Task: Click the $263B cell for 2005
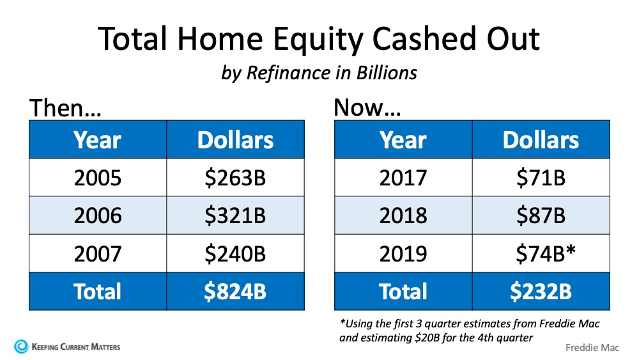[235, 178]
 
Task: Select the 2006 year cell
[98, 215]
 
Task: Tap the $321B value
[235, 215]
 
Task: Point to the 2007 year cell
[98, 253]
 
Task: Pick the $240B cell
[235, 253]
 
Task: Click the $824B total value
[235, 292]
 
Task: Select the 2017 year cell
[403, 178]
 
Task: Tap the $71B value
[541, 178]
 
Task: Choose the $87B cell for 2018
[541, 215]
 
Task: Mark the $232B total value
[541, 292]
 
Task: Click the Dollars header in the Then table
[235, 140]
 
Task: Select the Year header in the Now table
[403, 140]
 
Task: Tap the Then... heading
[65, 108]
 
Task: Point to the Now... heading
[367, 107]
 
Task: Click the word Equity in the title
[318, 40]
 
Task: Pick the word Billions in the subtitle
[387, 73]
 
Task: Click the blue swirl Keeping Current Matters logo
[21, 347]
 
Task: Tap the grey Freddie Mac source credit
[592, 348]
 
